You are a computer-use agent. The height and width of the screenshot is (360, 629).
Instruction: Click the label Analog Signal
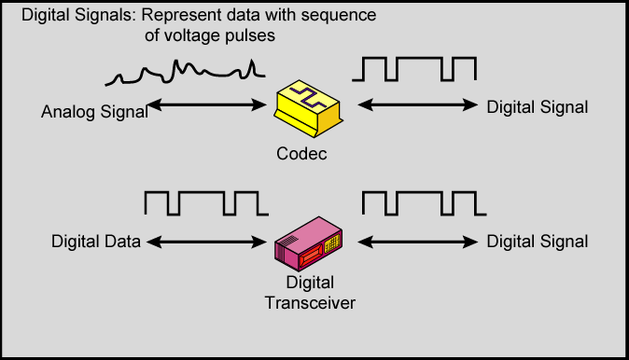click(94, 113)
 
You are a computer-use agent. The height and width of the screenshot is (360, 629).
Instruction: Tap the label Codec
click(301, 154)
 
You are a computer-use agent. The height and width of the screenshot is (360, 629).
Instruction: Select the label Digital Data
click(96, 242)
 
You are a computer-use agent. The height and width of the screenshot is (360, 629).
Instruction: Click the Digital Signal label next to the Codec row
click(538, 107)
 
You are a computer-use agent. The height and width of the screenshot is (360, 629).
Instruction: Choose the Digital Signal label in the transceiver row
click(538, 242)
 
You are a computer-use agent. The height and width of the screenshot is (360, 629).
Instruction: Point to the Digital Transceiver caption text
click(309, 292)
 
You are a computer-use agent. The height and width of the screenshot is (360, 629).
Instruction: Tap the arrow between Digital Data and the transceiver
click(205, 242)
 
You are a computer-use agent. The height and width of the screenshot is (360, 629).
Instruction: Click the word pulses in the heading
click(255, 35)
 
